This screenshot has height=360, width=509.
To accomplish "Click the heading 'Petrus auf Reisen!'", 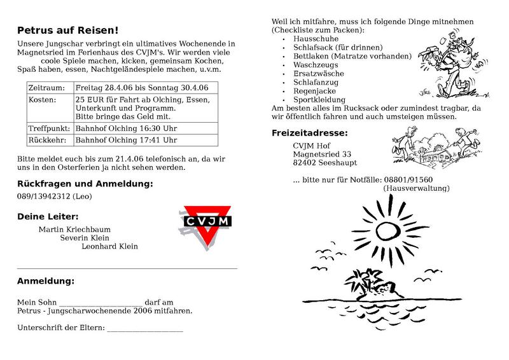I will point(67,30).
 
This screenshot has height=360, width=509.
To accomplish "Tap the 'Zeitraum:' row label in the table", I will point(46,87).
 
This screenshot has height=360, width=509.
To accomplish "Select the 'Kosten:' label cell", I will point(43,100).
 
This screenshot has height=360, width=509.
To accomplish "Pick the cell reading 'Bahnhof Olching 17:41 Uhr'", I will point(126,140).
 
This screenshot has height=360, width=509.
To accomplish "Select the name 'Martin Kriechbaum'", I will point(74,228).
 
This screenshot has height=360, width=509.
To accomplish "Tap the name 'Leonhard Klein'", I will point(109,246).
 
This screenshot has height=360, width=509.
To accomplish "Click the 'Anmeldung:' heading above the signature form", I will point(45,280).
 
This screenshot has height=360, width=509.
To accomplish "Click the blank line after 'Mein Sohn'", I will point(100,303).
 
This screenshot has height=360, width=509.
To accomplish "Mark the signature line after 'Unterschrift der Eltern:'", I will point(144,329).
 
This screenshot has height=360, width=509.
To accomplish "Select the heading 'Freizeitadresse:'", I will point(310,133).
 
